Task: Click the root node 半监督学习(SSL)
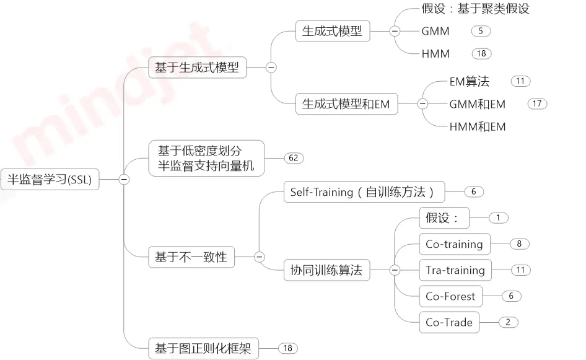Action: click(x=50, y=180)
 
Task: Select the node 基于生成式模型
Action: click(x=197, y=68)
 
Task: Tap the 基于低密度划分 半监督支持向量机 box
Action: click(x=206, y=157)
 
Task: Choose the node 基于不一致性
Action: click(x=191, y=257)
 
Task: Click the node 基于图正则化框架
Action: click(x=203, y=348)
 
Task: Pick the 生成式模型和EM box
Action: click(x=346, y=104)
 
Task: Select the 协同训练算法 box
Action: click(x=326, y=270)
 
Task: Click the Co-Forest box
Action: click(x=450, y=296)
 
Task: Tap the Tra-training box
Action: click(x=455, y=270)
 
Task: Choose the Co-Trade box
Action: click(x=449, y=322)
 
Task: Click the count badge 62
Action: click(x=294, y=158)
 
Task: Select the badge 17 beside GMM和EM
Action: click(x=537, y=103)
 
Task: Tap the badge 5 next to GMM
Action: click(x=481, y=30)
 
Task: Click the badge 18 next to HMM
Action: click(x=481, y=54)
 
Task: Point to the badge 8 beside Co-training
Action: click(x=519, y=244)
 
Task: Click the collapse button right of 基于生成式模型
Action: click(x=271, y=68)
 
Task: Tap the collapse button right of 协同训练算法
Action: click(x=395, y=270)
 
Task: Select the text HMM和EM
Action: click(x=478, y=127)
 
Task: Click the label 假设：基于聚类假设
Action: click(x=475, y=9)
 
